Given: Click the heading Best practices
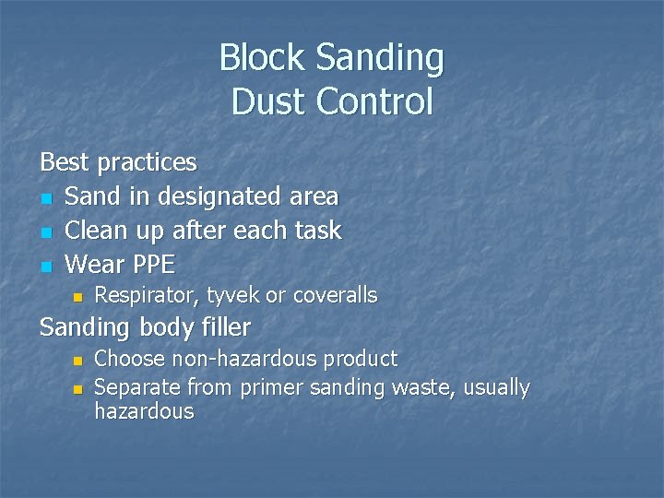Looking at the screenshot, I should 118,162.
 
